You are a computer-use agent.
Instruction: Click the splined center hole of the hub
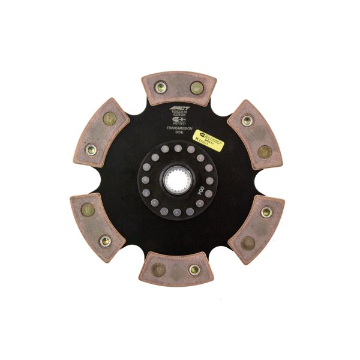[x=178, y=178]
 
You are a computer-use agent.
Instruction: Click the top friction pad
[x=179, y=89]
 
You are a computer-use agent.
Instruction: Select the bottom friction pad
[x=178, y=268]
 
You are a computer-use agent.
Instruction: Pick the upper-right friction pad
[x=255, y=135]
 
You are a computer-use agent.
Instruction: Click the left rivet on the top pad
[x=161, y=88]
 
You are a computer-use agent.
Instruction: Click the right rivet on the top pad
[x=196, y=89]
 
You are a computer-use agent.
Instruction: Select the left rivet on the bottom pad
[x=158, y=268]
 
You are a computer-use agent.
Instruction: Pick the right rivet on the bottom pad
[x=194, y=269]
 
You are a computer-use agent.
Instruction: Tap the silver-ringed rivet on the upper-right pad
[x=247, y=121]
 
